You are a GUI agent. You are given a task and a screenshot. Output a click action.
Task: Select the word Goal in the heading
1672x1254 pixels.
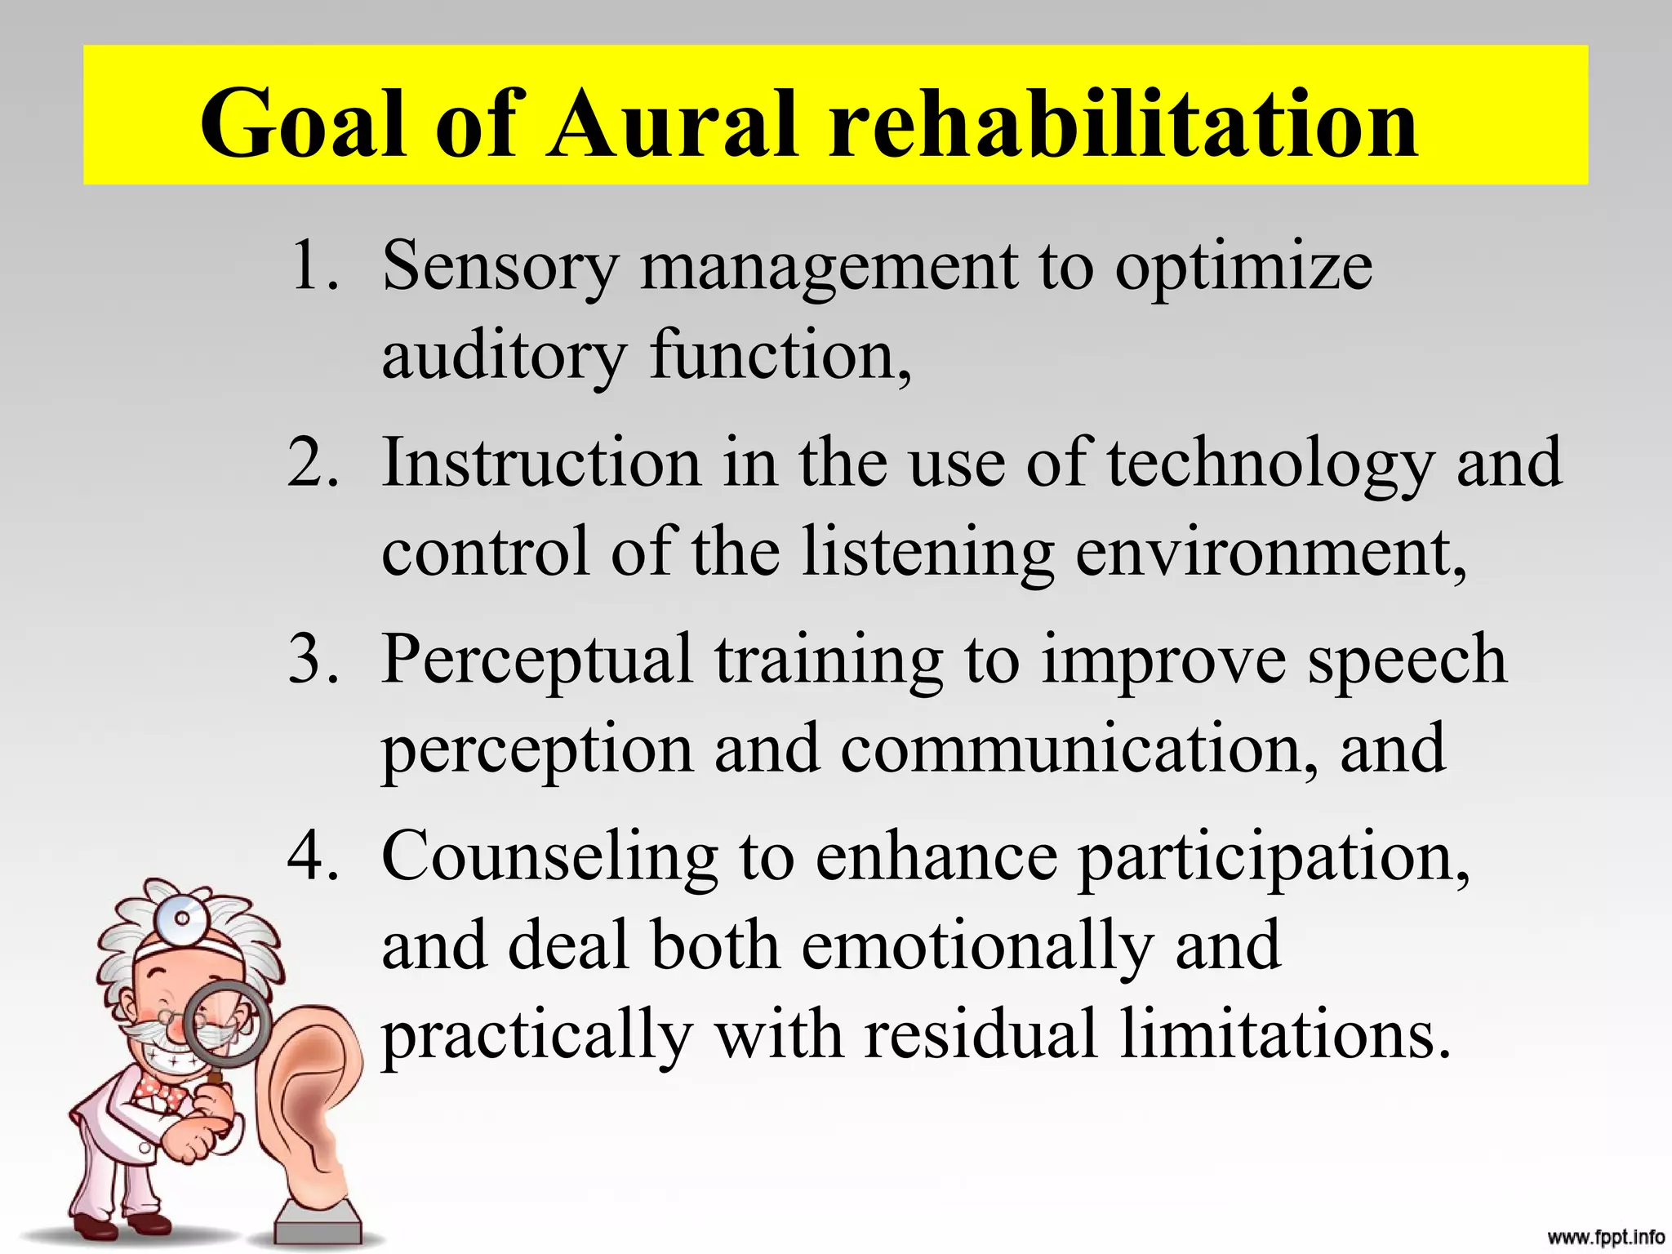tap(301, 124)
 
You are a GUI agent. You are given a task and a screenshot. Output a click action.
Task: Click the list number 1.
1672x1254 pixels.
tap(313, 265)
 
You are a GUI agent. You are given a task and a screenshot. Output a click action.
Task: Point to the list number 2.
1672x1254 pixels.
tap(313, 463)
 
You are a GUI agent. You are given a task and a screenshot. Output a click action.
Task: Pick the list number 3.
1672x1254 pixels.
tap(313, 660)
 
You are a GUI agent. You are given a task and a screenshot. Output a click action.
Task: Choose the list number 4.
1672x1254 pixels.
tap(313, 856)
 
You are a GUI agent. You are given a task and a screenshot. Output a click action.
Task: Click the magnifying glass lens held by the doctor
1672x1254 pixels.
tap(225, 1025)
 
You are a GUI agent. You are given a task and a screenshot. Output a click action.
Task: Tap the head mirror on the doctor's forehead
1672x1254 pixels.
tap(182, 919)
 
